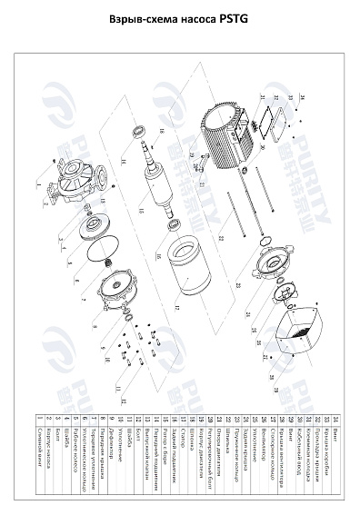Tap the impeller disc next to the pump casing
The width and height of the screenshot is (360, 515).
pos(94,223)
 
